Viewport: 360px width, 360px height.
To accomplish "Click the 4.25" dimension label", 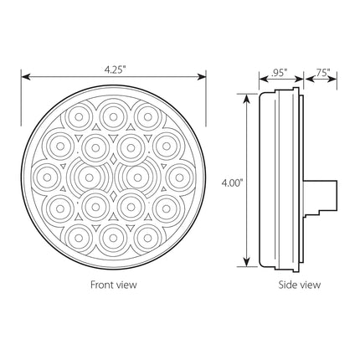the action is (x=114, y=70).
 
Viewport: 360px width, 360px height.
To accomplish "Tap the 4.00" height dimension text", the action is (x=232, y=183).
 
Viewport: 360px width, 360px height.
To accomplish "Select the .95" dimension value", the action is (x=279, y=73).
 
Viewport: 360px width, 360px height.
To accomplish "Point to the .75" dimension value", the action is (x=322, y=73).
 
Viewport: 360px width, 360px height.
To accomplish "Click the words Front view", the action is (x=114, y=285).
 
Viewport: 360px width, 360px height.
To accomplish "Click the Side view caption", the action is (x=300, y=285).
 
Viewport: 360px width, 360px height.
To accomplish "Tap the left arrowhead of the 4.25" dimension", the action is (x=26, y=77).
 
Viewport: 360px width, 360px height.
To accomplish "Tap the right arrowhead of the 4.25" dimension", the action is (x=202, y=77).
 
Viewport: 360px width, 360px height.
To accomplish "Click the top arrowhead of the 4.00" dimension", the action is (x=246, y=99).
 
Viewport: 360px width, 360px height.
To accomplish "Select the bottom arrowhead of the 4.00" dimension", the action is (x=246, y=262).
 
